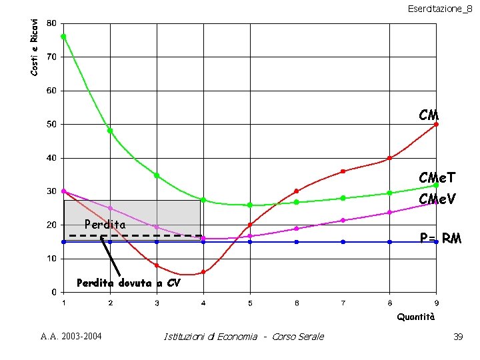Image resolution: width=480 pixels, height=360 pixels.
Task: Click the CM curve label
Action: pyautogui.click(x=429, y=116)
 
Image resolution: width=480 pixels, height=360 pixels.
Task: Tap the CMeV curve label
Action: pyautogui.click(x=437, y=199)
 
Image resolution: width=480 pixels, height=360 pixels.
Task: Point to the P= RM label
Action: pyautogui.click(x=440, y=238)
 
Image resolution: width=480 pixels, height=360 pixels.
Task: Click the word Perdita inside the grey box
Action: pyautogui.click(x=105, y=225)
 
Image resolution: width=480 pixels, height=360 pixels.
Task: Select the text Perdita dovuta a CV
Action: pyautogui.click(x=128, y=283)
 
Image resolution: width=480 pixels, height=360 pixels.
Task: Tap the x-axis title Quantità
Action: pyautogui.click(x=416, y=317)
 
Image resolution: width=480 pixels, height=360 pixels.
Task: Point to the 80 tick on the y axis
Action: pyautogui.click(x=51, y=23)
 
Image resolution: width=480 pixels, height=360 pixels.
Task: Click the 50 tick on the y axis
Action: pyautogui.click(x=51, y=125)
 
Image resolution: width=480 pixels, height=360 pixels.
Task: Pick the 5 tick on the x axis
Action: pyautogui.click(x=250, y=303)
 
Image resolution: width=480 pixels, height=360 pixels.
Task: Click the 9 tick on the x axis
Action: pyautogui.click(x=436, y=303)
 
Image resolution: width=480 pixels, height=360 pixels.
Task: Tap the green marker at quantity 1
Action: pyautogui.click(x=63, y=37)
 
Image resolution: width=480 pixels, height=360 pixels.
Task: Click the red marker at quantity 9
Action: pyautogui.click(x=436, y=124)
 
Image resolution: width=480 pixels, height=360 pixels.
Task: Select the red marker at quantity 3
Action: pyautogui.click(x=157, y=265)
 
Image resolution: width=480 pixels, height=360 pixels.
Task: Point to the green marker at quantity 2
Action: pyautogui.click(x=110, y=131)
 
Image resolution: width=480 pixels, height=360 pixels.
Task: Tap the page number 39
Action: pyautogui.click(x=457, y=337)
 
